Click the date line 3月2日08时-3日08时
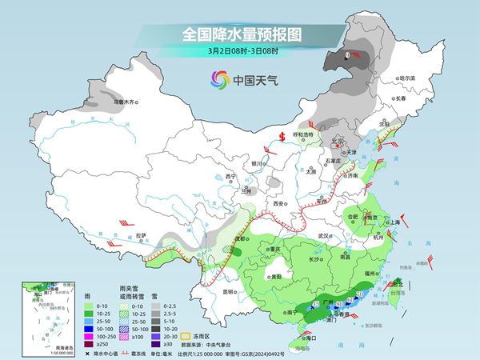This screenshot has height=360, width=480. pos(240,53)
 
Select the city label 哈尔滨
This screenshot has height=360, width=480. pos(407,78)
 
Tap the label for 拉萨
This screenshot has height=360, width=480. pos(141,235)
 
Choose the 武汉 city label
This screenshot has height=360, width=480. pos(323,236)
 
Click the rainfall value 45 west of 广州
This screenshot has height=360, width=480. pos(316,305)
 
